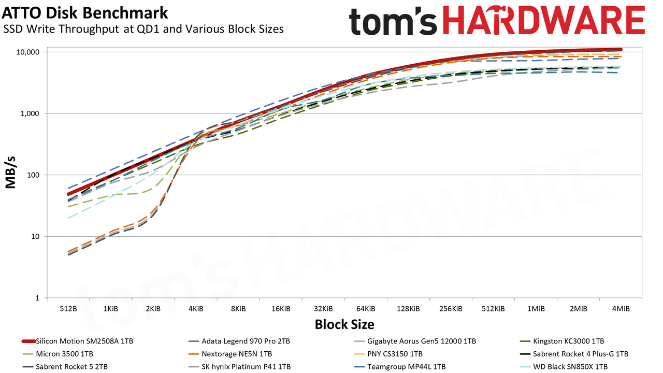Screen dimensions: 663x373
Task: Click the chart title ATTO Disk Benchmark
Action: pyautogui.click(x=85, y=13)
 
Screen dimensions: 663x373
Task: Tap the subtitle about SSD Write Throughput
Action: pyautogui.click(x=143, y=29)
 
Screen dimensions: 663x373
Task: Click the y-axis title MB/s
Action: pyautogui.click(x=10, y=173)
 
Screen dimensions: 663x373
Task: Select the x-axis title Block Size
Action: pyautogui.click(x=344, y=324)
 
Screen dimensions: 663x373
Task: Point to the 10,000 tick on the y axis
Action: pyautogui.click(x=28, y=52)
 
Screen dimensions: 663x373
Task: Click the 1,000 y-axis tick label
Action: pyautogui.click(x=30, y=113)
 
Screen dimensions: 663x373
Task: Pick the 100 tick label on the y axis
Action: pyautogui.click(x=33, y=175)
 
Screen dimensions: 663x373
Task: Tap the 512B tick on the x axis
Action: pyautogui.click(x=68, y=309)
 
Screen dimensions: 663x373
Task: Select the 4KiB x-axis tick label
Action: pyautogui.click(x=196, y=309)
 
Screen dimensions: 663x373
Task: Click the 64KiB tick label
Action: pyautogui.click(x=366, y=309)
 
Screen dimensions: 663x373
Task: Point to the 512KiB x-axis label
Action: pyautogui.click(x=493, y=309)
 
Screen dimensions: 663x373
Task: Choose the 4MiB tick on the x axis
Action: pyautogui.click(x=621, y=309)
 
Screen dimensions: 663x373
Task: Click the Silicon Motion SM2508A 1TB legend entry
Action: pyautogui.click(x=78, y=341)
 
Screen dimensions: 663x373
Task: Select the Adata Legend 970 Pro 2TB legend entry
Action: pyautogui.click(x=239, y=341)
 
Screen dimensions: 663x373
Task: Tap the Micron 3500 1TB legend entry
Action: pyautogui.click(x=57, y=354)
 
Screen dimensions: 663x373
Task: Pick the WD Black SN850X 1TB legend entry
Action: pyautogui.click(x=564, y=367)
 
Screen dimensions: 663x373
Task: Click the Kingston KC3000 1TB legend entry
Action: pyautogui.click(x=562, y=341)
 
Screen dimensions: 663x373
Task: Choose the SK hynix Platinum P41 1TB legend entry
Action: pyautogui.click(x=239, y=367)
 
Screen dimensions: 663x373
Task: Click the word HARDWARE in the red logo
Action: pyautogui.click(x=544, y=21)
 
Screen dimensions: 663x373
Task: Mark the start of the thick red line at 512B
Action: pyautogui.click(x=68, y=194)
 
